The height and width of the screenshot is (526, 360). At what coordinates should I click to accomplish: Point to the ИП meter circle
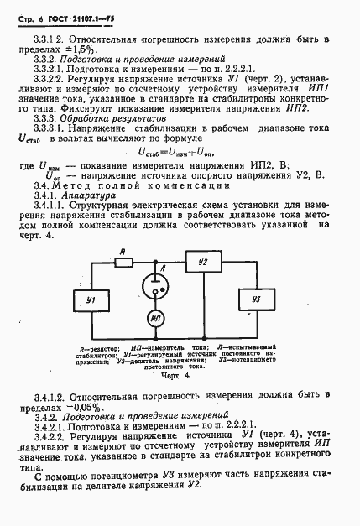154,320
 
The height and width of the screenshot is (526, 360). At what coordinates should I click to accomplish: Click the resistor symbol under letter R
123,262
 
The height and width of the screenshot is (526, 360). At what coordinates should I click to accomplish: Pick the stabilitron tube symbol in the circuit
154,289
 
